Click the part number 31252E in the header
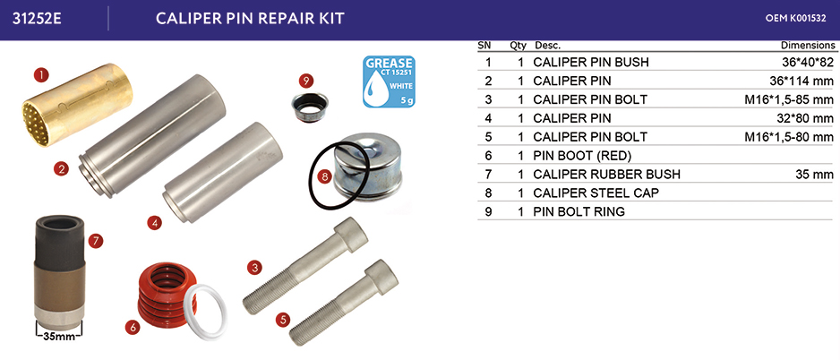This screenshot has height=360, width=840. [37, 18]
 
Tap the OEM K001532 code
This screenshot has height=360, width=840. [795, 18]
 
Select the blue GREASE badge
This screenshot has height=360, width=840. [389, 81]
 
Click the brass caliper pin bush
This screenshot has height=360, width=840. [77, 105]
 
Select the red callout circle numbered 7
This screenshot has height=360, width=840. [95, 242]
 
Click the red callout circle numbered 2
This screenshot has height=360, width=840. [61, 169]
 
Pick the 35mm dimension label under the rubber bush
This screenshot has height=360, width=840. [59, 338]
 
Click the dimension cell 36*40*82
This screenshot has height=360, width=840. [808, 62]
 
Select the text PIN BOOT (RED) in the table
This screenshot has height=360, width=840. [582, 156]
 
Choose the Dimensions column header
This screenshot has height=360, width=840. [808, 46]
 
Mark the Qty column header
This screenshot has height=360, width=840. [518, 46]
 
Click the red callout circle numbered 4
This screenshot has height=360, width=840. [154, 222]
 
